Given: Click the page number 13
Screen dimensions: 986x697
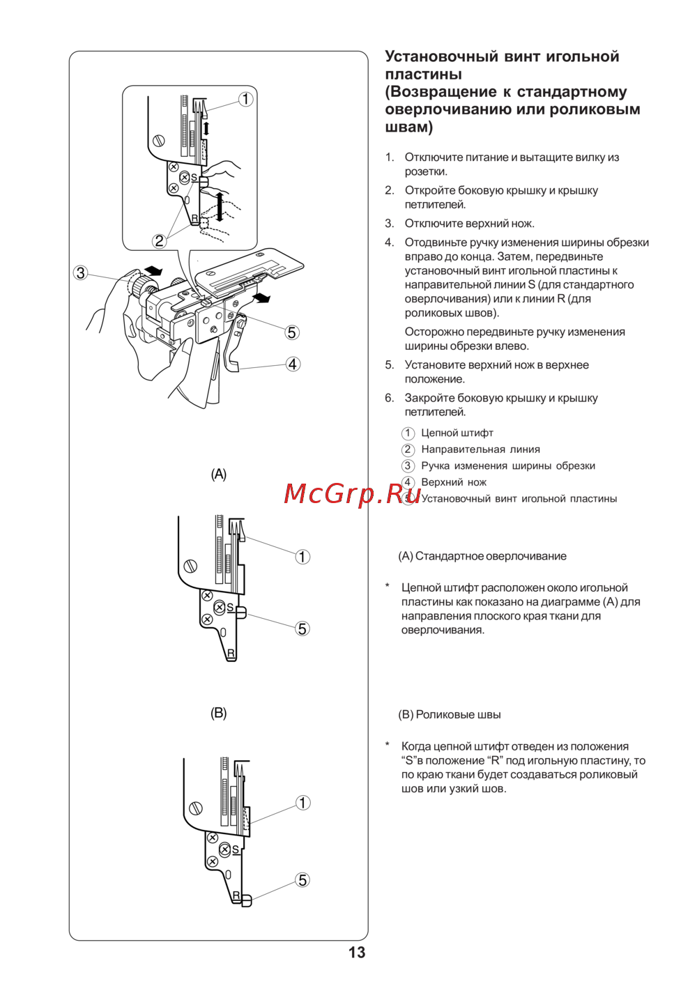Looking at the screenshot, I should [x=357, y=953].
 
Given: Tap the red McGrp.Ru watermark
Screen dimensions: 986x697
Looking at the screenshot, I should [x=352, y=493].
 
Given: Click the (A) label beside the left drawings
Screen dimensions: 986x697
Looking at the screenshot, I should [x=219, y=475].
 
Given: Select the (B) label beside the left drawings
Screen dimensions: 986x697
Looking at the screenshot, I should [x=219, y=714].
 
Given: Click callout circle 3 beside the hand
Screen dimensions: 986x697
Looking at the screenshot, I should [x=81, y=272].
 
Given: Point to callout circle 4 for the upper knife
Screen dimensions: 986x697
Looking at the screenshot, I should [x=293, y=364].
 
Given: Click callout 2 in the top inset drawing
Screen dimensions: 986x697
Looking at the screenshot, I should [x=159, y=241].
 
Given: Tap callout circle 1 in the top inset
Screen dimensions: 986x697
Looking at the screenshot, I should [x=245, y=99].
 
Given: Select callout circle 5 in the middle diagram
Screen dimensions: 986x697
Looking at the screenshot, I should [x=302, y=629].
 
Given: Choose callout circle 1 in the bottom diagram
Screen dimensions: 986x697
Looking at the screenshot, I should [x=302, y=803].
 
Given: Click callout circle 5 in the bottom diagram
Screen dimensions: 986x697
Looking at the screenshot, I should [x=302, y=880].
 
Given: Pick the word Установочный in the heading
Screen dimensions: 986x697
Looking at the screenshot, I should [x=441, y=56].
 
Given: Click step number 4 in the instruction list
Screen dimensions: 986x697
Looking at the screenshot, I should [x=389, y=242].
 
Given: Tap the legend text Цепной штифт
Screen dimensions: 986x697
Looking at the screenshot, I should [x=457, y=433].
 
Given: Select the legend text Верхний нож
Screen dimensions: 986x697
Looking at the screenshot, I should [x=454, y=482].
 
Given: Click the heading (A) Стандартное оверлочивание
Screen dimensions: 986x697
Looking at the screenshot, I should [x=482, y=556].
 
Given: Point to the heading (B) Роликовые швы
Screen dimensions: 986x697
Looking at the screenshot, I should [x=450, y=715].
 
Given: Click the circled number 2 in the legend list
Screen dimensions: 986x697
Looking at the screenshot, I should [x=408, y=450].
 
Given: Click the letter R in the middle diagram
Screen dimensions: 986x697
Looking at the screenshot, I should [x=231, y=654].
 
